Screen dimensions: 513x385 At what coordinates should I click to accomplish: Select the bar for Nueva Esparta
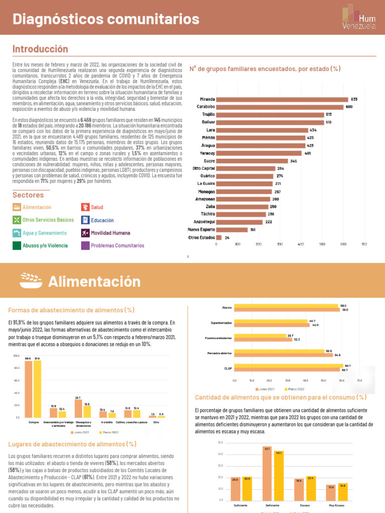232,230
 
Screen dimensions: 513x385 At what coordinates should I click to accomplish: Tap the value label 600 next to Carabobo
349,107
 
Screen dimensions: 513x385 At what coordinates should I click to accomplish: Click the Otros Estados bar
219,237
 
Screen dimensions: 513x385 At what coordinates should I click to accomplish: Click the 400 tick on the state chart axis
301,244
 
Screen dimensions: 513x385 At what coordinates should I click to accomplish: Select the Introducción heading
40,49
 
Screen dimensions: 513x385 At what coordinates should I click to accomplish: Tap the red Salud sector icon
85,207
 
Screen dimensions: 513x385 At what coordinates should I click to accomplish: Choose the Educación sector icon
85,220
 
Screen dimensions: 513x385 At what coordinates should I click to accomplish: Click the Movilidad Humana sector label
110,233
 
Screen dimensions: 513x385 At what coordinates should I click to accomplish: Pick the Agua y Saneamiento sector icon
17,233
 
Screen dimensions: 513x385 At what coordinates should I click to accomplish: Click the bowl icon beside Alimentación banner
32,281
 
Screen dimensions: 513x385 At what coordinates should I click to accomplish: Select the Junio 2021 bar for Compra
29,389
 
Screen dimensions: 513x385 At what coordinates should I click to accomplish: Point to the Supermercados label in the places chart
220,323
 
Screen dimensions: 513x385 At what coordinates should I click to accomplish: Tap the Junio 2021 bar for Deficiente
266,473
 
